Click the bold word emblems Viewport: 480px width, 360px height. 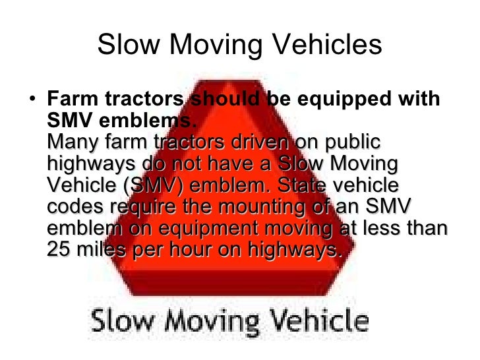(x=154, y=121)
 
